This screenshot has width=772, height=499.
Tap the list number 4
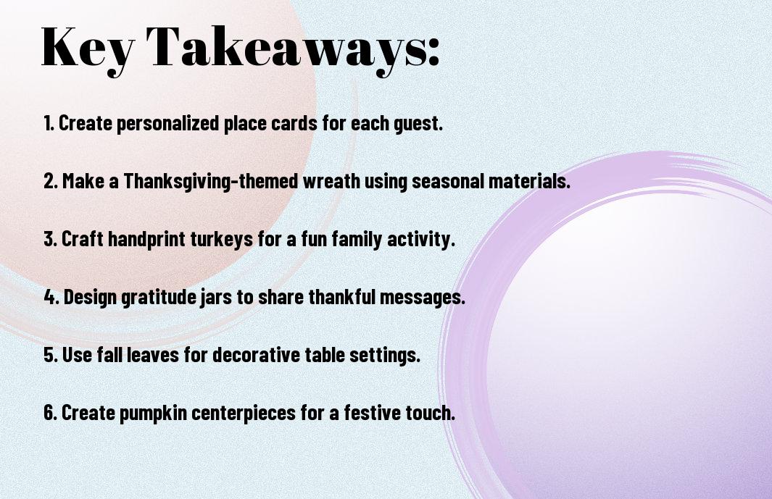point(50,297)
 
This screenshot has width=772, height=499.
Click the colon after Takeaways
point(433,51)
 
